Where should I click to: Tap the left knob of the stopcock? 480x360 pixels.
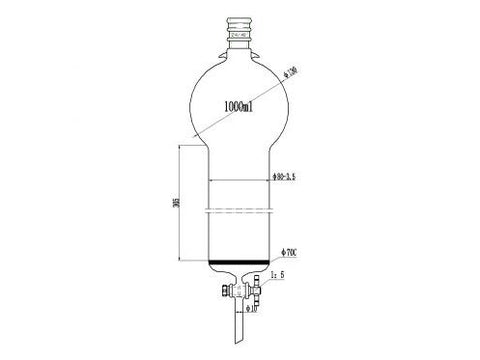tap(219, 293)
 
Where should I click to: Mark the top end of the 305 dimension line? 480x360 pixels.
tap(181, 147)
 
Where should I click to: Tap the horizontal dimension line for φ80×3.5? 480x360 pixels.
tap(240, 181)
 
